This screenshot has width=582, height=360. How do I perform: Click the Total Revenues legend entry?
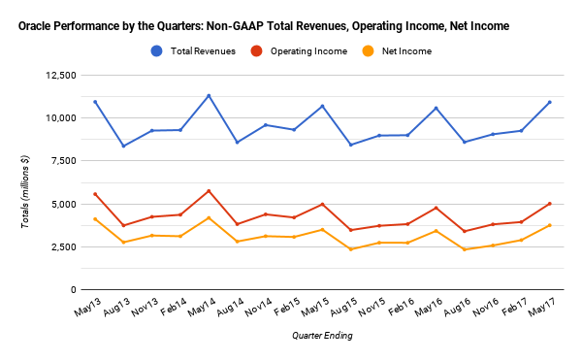click(x=201, y=50)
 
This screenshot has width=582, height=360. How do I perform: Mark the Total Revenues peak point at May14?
click(x=210, y=95)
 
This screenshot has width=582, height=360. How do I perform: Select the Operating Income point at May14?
click(x=210, y=190)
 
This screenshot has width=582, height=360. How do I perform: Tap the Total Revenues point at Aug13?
click(x=122, y=147)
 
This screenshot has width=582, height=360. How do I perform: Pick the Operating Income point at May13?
click(x=94, y=194)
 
